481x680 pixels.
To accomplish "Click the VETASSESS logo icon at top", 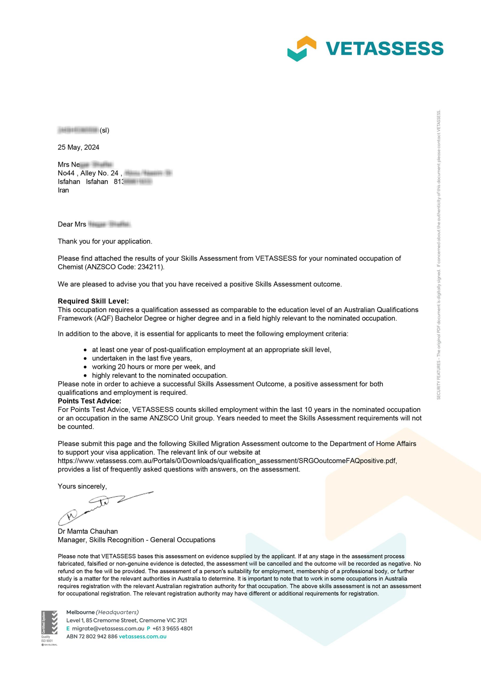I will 301,48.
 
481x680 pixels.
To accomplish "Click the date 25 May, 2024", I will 79,147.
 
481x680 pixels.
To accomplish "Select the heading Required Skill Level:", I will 93,301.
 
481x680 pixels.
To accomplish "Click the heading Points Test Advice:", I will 90,401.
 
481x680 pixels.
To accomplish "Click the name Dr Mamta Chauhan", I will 88,531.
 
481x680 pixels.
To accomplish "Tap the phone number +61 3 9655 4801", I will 172,628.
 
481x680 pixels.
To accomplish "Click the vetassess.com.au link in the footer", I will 142,636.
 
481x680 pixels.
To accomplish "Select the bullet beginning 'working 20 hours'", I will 154,367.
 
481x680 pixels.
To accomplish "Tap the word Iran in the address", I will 64,190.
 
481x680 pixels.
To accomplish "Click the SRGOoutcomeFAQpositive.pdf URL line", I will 227,461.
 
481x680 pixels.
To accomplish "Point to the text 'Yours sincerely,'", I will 82,486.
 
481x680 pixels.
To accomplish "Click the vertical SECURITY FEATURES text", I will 439,255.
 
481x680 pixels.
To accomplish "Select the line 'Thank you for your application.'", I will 105,241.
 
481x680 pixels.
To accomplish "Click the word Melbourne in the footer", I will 80,612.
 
